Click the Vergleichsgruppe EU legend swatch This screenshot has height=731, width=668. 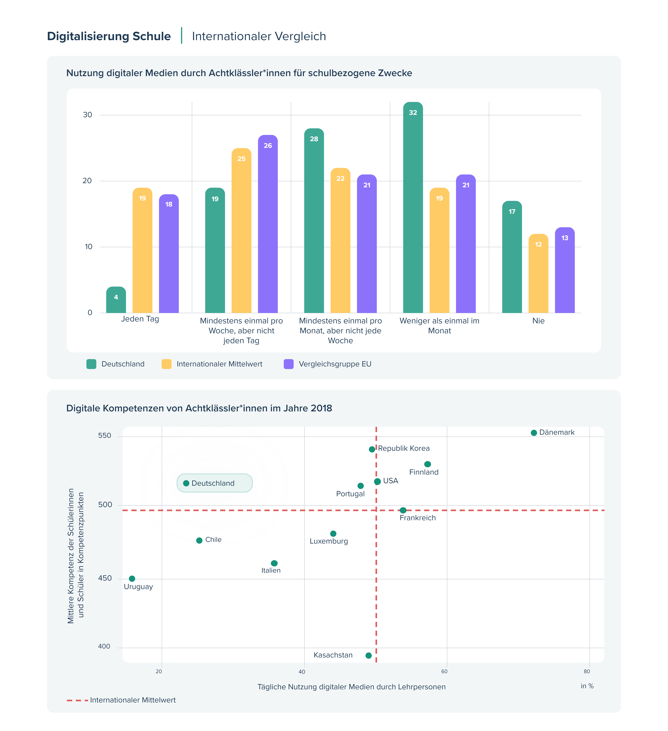pyautogui.click(x=288, y=364)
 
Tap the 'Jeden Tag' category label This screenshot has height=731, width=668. pyautogui.click(x=140, y=319)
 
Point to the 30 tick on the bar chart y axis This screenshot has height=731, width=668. pyautogui.click(x=87, y=115)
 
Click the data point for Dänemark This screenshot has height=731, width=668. pyautogui.click(x=534, y=433)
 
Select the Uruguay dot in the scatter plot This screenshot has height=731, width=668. pyautogui.click(x=132, y=579)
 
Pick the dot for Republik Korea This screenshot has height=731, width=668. pyautogui.click(x=372, y=449)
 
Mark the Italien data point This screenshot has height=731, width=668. pyautogui.click(x=274, y=563)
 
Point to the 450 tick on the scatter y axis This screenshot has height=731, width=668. pyautogui.click(x=105, y=578)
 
